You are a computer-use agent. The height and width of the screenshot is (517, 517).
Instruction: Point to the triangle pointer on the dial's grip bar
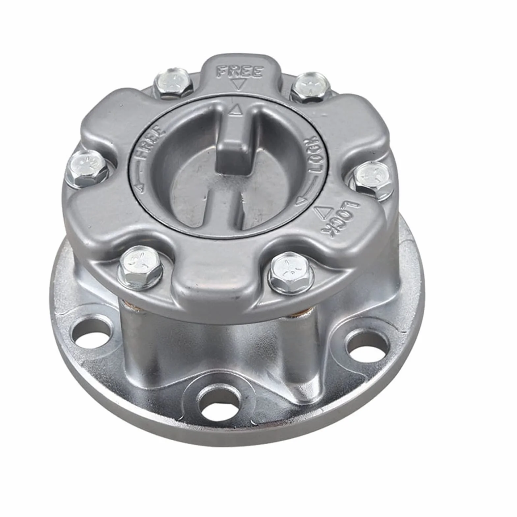235,110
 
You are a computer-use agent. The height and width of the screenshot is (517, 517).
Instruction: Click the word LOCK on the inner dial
314,155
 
